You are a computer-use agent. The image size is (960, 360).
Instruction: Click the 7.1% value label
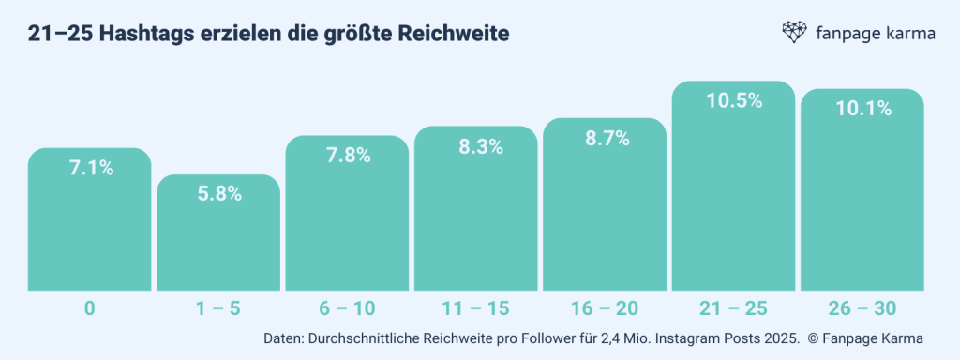click(x=90, y=169)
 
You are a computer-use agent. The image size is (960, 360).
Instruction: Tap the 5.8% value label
click(x=218, y=194)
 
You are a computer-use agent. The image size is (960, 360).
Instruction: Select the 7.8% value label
click(x=347, y=156)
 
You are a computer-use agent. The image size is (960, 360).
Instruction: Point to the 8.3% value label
click(x=475, y=146)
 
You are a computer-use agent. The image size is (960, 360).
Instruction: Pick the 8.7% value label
click(x=605, y=138)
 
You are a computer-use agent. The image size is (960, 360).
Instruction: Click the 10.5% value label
click(x=733, y=101)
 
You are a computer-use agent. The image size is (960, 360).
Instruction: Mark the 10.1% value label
click(x=862, y=109)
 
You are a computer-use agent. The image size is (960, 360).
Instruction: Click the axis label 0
click(x=90, y=307)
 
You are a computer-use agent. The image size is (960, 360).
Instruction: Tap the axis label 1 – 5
click(x=218, y=307)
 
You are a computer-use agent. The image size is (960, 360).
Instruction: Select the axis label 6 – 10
click(x=347, y=307)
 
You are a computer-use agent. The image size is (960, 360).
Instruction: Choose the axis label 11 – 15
click(x=475, y=307)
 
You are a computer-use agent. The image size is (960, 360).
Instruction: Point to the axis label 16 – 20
click(x=605, y=307)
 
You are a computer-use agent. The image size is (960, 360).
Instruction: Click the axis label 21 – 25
click(x=733, y=307)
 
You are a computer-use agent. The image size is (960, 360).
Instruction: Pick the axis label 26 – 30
click(x=862, y=307)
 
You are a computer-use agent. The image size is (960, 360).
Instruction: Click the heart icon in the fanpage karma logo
click(x=795, y=33)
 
